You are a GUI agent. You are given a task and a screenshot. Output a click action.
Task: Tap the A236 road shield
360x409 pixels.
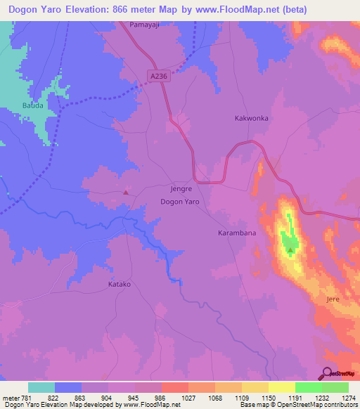tap(158, 74)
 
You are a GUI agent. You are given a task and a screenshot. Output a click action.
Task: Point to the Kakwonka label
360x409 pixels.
tap(251, 119)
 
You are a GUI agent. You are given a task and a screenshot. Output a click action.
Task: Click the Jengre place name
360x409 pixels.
tap(181, 189)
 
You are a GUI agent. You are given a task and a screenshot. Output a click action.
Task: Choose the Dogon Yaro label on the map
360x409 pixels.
tap(181, 202)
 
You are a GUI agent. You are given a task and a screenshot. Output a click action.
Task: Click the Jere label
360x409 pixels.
tap(333, 299)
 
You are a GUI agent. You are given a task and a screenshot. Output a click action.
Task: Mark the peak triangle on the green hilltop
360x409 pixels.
tap(290, 249)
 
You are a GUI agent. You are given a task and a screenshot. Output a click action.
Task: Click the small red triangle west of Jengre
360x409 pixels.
tap(126, 192)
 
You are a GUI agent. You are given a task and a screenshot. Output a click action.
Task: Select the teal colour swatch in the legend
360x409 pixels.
tap(41, 387)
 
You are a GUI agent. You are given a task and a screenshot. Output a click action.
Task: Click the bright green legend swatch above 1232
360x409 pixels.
tap(309, 387)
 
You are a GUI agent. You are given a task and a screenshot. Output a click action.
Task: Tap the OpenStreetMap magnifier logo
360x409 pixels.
tap(327, 373)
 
